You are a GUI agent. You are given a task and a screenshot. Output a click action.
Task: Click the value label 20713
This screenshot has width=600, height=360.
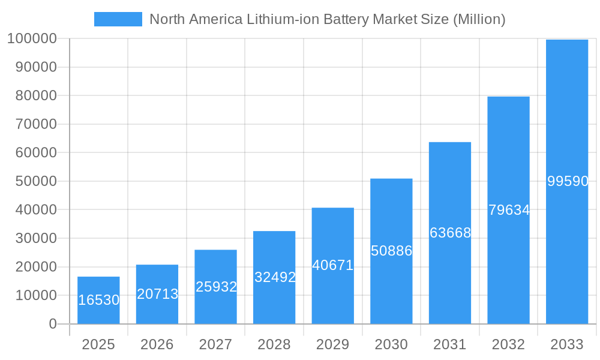(x=157, y=294)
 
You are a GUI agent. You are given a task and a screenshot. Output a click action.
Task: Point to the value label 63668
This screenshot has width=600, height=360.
(x=450, y=233)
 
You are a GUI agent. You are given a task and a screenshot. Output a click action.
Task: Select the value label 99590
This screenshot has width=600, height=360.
(x=568, y=181)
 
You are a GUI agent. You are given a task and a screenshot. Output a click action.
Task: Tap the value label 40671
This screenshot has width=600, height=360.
(x=333, y=265)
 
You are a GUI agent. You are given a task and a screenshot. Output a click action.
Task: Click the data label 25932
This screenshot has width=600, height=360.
(x=216, y=287)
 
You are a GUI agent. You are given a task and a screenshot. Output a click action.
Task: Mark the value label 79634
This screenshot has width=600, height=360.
(x=509, y=210)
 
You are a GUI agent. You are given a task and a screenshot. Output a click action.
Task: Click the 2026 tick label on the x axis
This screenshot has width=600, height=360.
(x=157, y=344)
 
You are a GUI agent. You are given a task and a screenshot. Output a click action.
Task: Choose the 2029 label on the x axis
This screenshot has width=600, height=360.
(x=333, y=344)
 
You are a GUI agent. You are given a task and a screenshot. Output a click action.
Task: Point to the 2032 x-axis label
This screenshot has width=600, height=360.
(x=508, y=344)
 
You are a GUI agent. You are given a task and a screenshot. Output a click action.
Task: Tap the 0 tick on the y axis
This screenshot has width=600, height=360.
(x=53, y=324)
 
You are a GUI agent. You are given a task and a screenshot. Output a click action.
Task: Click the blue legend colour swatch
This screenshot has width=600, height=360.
(x=118, y=19)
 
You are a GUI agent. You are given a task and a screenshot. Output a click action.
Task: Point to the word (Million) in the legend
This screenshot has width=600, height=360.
(x=479, y=19)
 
